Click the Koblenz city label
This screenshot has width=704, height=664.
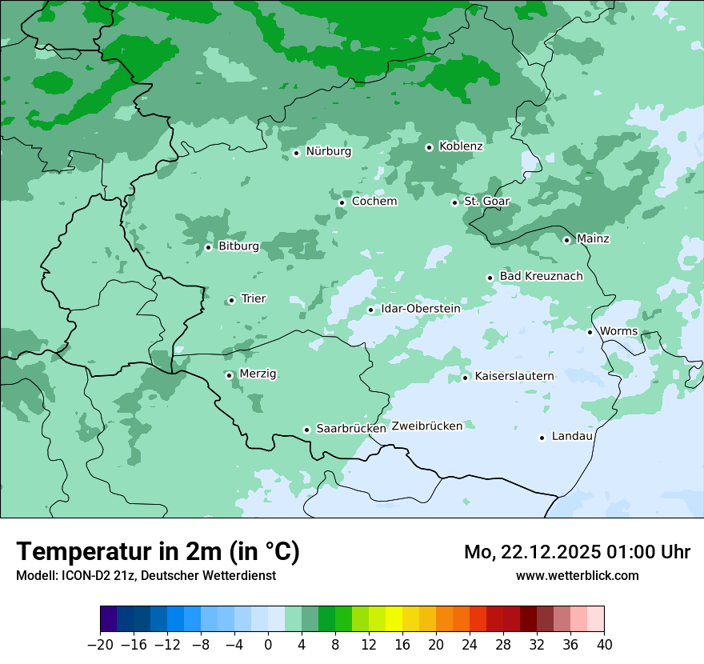pos(461,146)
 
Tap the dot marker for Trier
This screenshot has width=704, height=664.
pos(231,300)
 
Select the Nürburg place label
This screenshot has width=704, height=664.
pos(328,151)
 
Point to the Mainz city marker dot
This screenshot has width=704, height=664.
pos(566,240)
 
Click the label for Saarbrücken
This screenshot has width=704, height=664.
pos(351,429)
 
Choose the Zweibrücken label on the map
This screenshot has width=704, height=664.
pos(426,426)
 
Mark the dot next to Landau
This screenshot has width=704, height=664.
pos(542,438)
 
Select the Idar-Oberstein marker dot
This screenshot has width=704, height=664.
pos(370,310)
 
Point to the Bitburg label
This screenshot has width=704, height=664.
pos(238,246)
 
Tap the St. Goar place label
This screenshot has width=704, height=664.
pos(486,202)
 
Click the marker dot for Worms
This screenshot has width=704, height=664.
pos(590,332)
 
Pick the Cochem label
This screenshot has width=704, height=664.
pos(374,202)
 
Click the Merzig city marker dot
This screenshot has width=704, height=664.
pos(229,375)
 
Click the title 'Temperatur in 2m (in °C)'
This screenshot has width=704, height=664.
pos(158,551)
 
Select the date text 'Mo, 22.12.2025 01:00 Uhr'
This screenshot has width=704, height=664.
pos(577,552)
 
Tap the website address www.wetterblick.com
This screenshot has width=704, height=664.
pos(577,575)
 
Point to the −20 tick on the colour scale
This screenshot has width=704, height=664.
pos(101,645)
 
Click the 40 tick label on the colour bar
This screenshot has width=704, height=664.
pos(604,645)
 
